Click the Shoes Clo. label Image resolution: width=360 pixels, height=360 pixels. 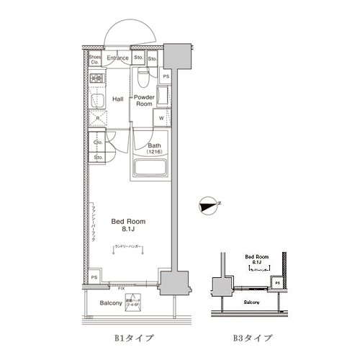click(x=95, y=60)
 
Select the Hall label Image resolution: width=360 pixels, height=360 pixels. click(x=118, y=99)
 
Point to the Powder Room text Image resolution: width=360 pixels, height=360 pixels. click(x=145, y=100)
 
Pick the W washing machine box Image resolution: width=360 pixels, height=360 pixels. click(x=161, y=119)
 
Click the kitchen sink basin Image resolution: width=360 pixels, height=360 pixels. click(x=95, y=100)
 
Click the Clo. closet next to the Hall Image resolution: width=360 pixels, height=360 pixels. click(x=98, y=143)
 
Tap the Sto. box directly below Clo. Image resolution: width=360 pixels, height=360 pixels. click(x=98, y=156)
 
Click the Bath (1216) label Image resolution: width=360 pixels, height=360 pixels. click(x=154, y=148)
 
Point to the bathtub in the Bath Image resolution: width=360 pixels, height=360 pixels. click(x=150, y=170)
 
